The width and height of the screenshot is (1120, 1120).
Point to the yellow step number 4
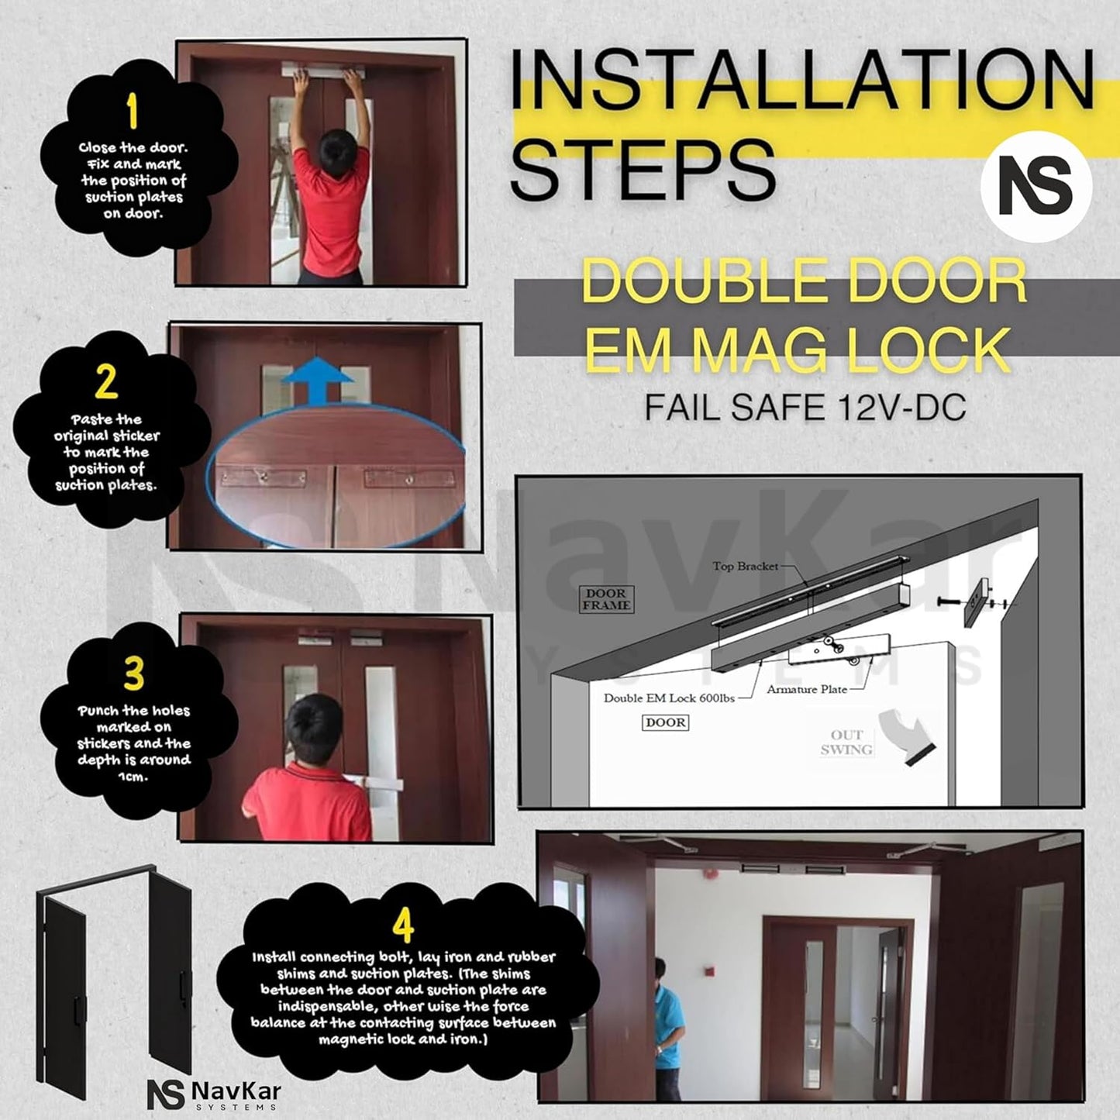403,925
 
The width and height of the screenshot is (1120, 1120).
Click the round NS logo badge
1036,187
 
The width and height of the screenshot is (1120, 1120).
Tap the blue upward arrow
317,381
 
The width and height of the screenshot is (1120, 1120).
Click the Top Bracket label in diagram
745,566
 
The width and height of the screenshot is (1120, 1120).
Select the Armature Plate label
806,689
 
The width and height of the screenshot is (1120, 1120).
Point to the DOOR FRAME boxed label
607,599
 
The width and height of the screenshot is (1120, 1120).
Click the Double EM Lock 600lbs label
669,698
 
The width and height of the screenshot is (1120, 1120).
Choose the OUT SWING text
846,743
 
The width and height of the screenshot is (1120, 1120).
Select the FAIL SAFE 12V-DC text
805,407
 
